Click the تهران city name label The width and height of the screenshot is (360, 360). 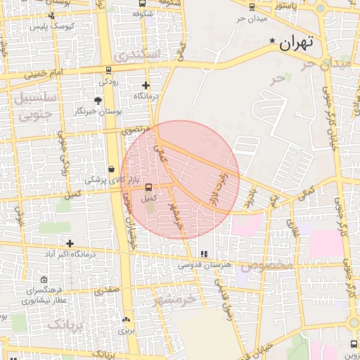(x=295, y=44)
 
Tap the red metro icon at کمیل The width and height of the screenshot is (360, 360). (x=148, y=187)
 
